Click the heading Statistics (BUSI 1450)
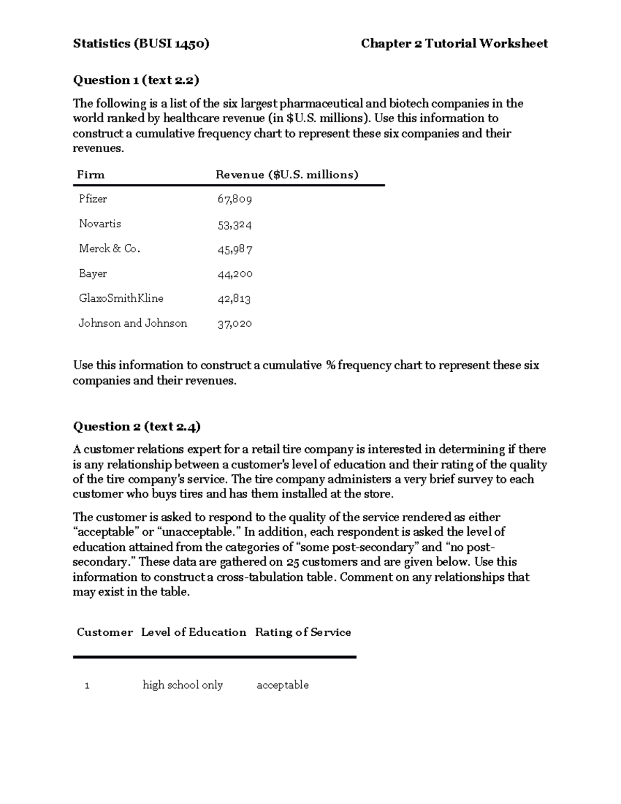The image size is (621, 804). pyautogui.click(x=141, y=43)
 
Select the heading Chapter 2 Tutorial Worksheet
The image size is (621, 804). pyautogui.click(x=454, y=43)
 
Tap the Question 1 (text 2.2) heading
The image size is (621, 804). pyautogui.click(x=136, y=80)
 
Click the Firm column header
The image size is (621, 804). pyautogui.click(x=91, y=175)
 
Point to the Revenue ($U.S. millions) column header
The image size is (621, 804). pyautogui.click(x=287, y=175)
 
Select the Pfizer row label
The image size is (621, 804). pyautogui.click(x=93, y=199)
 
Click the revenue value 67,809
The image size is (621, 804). pyautogui.click(x=234, y=199)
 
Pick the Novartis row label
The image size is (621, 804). pyautogui.click(x=100, y=224)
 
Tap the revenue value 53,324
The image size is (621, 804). pyautogui.click(x=234, y=225)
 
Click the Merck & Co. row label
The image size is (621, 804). pyautogui.click(x=109, y=248)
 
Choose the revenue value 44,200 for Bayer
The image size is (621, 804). pyautogui.click(x=235, y=274)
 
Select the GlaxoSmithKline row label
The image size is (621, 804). pyautogui.click(x=121, y=298)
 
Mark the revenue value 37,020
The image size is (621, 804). pyautogui.click(x=234, y=324)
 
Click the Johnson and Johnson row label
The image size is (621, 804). pyautogui.click(x=132, y=323)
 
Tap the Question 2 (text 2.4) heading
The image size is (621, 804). pyautogui.click(x=137, y=427)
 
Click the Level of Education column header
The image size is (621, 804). pyautogui.click(x=194, y=632)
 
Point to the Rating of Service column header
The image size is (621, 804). pyautogui.click(x=303, y=632)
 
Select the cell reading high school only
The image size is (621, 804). pyautogui.click(x=183, y=685)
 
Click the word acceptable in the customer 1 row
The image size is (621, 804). pyautogui.click(x=283, y=685)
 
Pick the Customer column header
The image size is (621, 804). pyautogui.click(x=105, y=632)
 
